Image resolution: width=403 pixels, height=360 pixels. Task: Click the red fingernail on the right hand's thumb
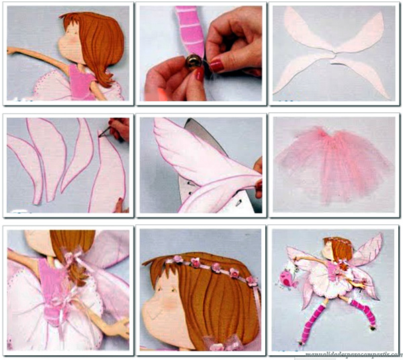[x=217, y=65]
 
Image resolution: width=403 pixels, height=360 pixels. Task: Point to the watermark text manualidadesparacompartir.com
[x=352, y=354]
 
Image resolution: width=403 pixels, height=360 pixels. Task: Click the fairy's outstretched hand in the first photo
[x=11, y=49]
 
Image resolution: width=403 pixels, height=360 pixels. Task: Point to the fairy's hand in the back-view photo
[x=121, y=327]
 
